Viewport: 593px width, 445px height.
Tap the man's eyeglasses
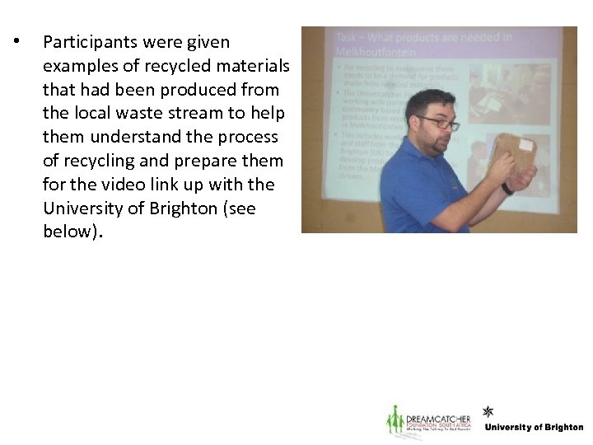click(x=439, y=124)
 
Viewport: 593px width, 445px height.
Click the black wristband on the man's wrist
click(x=507, y=188)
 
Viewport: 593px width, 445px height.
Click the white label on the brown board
click(x=525, y=145)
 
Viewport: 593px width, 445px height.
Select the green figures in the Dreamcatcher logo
click(x=395, y=421)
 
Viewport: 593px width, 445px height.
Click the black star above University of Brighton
click(x=488, y=410)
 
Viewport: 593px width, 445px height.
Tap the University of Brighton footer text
click(x=534, y=428)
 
